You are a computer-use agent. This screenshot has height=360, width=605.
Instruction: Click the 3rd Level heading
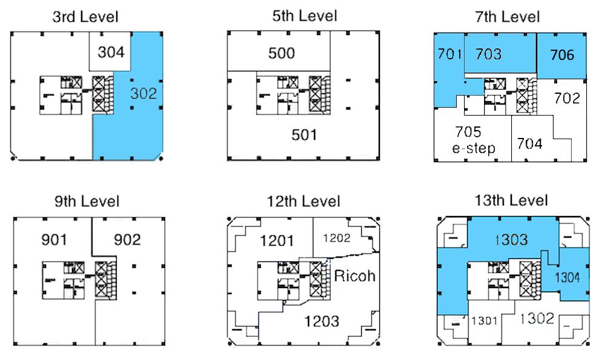pos(85,17)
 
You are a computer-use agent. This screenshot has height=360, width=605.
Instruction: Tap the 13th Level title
pos(511,201)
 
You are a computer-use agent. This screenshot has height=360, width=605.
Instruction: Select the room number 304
pos(111,51)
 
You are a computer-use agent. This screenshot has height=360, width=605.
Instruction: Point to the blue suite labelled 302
pos(143,93)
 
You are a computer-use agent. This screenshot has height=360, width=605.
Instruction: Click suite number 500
pos(282,53)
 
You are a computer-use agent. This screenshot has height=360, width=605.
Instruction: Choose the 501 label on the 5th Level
pos(304,135)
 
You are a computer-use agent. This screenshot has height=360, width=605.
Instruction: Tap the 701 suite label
pos(450,54)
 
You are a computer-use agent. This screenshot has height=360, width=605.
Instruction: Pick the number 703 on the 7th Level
pos(488,54)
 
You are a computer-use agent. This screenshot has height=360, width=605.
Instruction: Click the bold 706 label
pos(562,55)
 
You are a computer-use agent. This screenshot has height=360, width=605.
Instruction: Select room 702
pos(567,98)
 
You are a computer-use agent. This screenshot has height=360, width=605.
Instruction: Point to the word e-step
pos(474,148)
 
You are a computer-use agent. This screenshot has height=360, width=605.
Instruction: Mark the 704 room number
pos(530,143)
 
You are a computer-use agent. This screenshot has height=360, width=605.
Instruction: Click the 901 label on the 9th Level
pos(54,240)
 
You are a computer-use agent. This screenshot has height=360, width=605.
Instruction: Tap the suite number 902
pos(127,240)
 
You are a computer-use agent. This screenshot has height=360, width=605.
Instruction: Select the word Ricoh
pos(355,276)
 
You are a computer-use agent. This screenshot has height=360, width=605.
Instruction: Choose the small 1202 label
pos(336,238)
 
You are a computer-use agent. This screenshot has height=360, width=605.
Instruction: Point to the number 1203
pos(322,321)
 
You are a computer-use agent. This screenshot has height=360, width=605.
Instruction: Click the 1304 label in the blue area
pos(567,277)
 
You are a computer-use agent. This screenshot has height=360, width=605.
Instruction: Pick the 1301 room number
pos(484,320)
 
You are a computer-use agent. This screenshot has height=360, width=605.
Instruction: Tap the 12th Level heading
pos(304,201)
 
